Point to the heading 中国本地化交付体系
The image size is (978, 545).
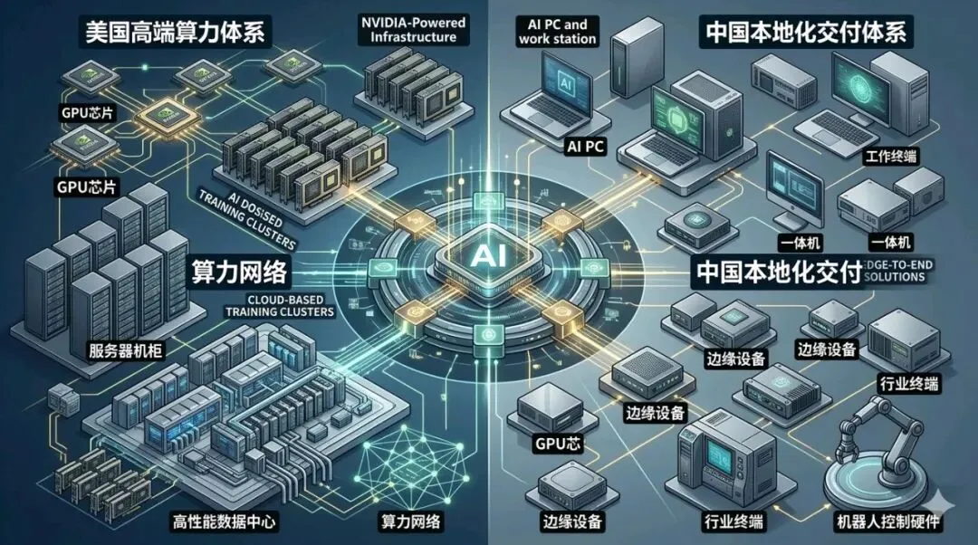click(804, 34)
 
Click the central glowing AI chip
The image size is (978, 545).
click(480, 256)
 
